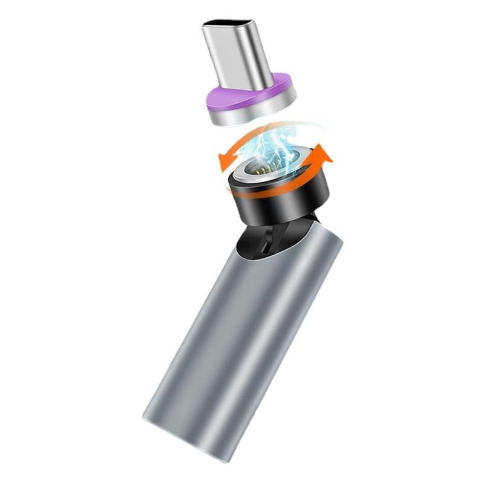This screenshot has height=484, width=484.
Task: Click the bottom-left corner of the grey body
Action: [145, 417]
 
